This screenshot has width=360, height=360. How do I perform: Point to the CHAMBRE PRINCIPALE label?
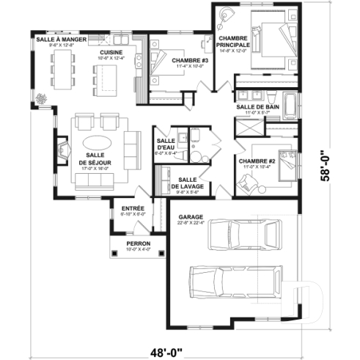pos(232,41)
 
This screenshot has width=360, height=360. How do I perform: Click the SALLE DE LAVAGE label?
pos(186,183)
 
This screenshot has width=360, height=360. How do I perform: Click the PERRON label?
pos(138,245)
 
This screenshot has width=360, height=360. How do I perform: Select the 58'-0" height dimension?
pos(335,166)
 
